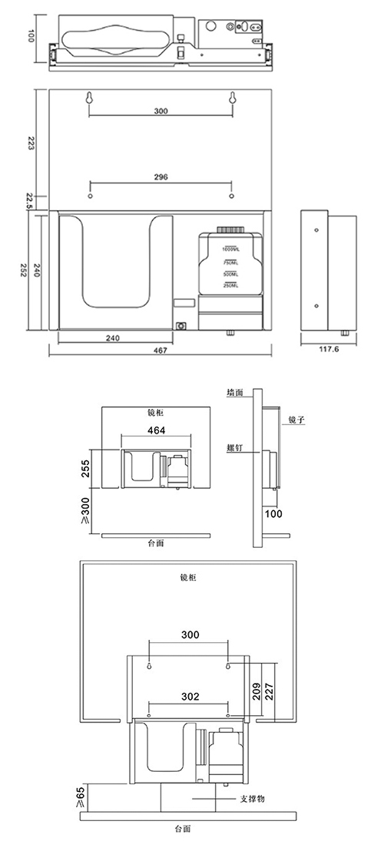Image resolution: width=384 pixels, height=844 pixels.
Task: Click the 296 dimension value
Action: pyautogui.click(x=161, y=176)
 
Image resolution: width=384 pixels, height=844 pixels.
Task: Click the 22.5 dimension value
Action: pyautogui.click(x=30, y=200)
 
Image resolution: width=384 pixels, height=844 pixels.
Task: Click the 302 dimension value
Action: pyautogui.click(x=190, y=697)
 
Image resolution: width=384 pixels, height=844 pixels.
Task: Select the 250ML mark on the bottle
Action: pyautogui.click(x=230, y=285)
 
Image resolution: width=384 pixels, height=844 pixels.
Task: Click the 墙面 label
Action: pyautogui.click(x=235, y=392)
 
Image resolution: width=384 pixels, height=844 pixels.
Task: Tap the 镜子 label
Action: pyautogui.click(x=298, y=419)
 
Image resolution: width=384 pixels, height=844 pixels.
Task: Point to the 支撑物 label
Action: pyautogui.click(x=253, y=799)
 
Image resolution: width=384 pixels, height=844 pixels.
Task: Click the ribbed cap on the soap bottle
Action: pyautogui.click(x=230, y=229)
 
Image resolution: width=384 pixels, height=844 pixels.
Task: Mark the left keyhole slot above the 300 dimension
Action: pyautogui.click(x=90, y=97)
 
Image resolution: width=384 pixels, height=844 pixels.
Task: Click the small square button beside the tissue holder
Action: pyautogui.click(x=182, y=325)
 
